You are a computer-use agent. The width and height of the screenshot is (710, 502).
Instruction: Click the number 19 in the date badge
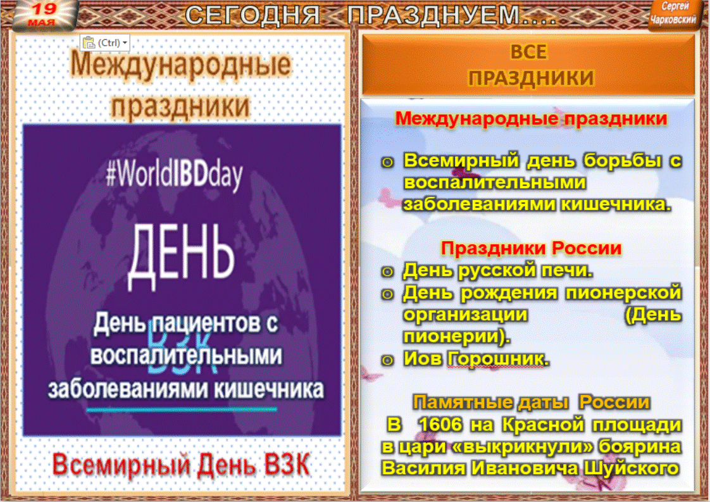click(x=44, y=8)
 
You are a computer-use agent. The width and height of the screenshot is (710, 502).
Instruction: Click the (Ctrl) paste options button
click(x=105, y=42)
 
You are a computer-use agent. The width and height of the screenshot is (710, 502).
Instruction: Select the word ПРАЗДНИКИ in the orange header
click(x=531, y=78)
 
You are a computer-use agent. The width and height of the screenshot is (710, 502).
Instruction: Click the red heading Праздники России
click(x=531, y=248)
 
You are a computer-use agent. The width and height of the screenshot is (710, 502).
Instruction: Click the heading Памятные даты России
click(x=531, y=402)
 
